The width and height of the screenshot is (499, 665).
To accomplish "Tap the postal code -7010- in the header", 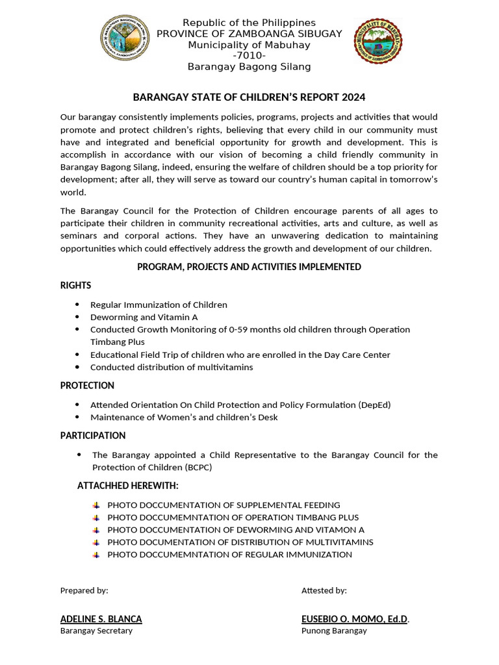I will (x=249, y=56).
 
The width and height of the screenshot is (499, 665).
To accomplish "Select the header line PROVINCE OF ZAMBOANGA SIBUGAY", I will (x=249, y=34).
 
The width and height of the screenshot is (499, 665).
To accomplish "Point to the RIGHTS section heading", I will (x=75, y=285).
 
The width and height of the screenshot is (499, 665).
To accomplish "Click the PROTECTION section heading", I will (x=87, y=385).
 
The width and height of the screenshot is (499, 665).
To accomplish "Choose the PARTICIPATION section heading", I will (x=93, y=435).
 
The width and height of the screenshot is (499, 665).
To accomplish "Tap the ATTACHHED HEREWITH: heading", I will (x=127, y=486).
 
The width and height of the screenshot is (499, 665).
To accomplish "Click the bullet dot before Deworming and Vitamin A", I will (x=77, y=317).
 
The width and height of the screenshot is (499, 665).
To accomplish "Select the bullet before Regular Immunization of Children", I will (x=77, y=305).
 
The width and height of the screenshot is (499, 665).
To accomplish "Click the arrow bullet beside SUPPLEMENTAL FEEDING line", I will (x=96, y=505).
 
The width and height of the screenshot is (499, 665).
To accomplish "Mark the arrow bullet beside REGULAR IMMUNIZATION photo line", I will (x=96, y=555).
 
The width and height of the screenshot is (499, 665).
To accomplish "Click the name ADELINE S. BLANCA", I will (x=101, y=619).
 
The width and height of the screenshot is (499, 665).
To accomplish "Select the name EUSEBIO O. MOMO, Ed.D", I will (x=355, y=619).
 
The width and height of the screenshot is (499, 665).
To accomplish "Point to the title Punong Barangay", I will (x=334, y=631).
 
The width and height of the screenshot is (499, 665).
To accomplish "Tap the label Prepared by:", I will (x=84, y=590).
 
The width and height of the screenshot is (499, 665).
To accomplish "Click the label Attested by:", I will (x=324, y=590).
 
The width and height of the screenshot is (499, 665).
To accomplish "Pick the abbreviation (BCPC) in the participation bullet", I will (x=197, y=467).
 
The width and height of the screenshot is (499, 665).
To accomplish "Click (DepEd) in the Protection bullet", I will (x=374, y=405).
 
